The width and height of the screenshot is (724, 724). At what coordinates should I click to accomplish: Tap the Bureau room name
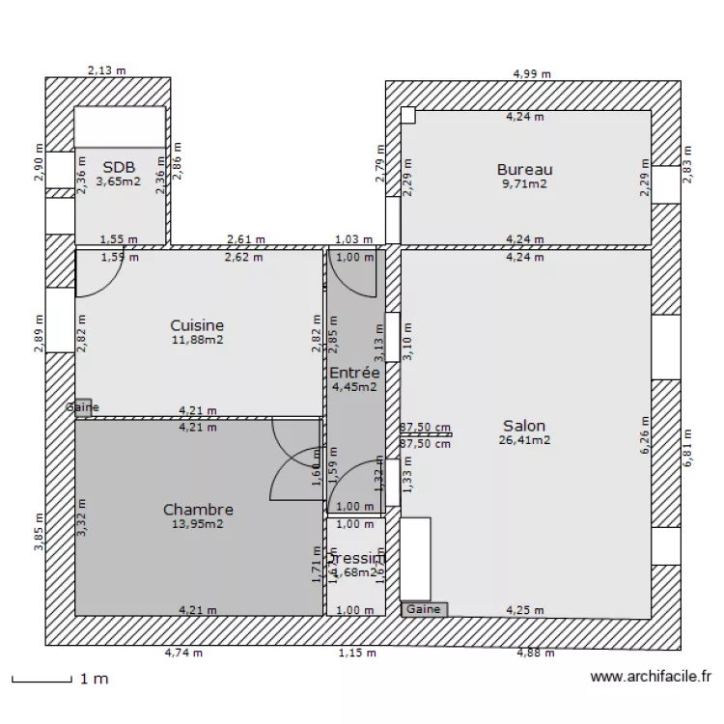pyautogui.click(x=524, y=170)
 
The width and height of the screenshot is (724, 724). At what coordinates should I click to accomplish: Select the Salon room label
pyautogui.click(x=524, y=426)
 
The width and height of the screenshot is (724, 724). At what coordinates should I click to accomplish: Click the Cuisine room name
pyautogui.click(x=197, y=326)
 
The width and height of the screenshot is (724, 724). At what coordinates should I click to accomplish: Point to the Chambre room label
pyautogui.click(x=198, y=510)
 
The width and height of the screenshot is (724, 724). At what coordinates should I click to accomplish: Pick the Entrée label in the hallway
pyautogui.click(x=354, y=373)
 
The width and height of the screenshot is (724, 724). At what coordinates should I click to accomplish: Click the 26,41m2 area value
pyautogui.click(x=524, y=440)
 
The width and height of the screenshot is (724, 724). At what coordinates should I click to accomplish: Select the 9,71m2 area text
pyautogui.click(x=524, y=183)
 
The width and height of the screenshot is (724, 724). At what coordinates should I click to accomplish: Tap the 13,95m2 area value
pyautogui.click(x=198, y=524)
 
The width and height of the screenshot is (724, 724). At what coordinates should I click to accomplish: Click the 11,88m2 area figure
pyautogui.click(x=197, y=340)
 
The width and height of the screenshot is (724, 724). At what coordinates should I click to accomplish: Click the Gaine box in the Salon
pyautogui.click(x=424, y=609)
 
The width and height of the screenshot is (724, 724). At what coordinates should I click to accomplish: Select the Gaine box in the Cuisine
pyautogui.click(x=83, y=407)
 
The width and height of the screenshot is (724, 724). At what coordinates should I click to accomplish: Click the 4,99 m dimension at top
pyautogui.click(x=532, y=73)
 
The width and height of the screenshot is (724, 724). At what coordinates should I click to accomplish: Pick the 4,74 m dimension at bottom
pyautogui.click(x=183, y=654)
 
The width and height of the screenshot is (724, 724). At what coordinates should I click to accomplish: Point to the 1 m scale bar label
pyautogui.click(x=94, y=680)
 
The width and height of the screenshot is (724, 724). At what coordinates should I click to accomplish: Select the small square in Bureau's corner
pyautogui.click(x=408, y=116)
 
